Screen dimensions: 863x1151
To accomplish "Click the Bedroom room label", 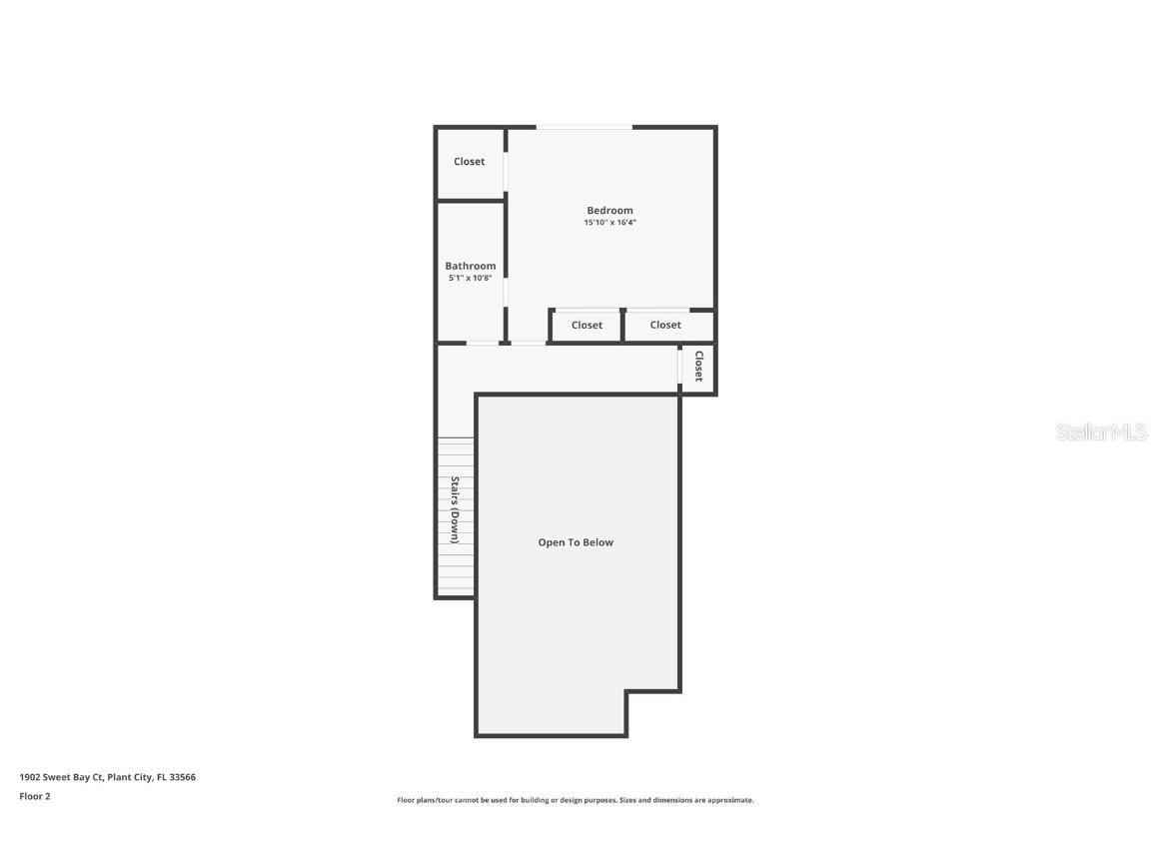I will coord(609,211).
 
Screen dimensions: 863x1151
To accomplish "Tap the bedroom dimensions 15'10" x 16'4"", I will coord(609,223).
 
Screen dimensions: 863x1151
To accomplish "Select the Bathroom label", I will coord(470,266).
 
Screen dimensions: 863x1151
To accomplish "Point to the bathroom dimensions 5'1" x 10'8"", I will coord(470,278).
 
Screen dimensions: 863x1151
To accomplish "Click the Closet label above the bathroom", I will coord(469,162).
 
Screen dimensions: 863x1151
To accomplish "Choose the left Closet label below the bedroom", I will coord(586,325).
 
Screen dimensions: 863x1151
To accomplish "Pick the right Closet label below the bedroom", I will coord(665,325).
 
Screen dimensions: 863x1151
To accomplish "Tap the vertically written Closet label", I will coord(698,367).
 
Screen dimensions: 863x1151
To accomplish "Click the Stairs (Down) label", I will coord(455,509).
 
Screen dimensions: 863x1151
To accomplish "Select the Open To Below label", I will coord(575,542).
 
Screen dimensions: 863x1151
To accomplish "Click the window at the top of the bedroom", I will coord(584,127).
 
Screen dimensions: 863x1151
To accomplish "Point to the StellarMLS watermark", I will coord(1101,432).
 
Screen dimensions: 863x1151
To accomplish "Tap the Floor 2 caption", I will coord(34,796).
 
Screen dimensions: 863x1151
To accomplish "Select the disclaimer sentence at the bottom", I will coord(575,800).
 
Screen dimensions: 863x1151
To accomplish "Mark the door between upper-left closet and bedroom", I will coord(506,170).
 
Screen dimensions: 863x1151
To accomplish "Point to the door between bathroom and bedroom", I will coord(506,291).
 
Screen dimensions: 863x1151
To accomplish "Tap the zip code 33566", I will coord(183,777).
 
